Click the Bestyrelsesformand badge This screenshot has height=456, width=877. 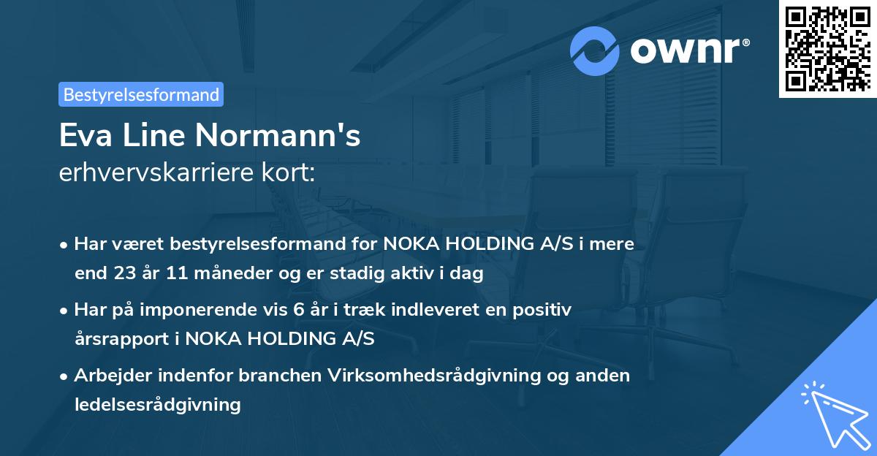click(x=141, y=94)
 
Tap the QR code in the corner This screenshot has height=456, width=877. click(x=827, y=48)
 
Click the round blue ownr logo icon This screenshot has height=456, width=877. click(x=595, y=51)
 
